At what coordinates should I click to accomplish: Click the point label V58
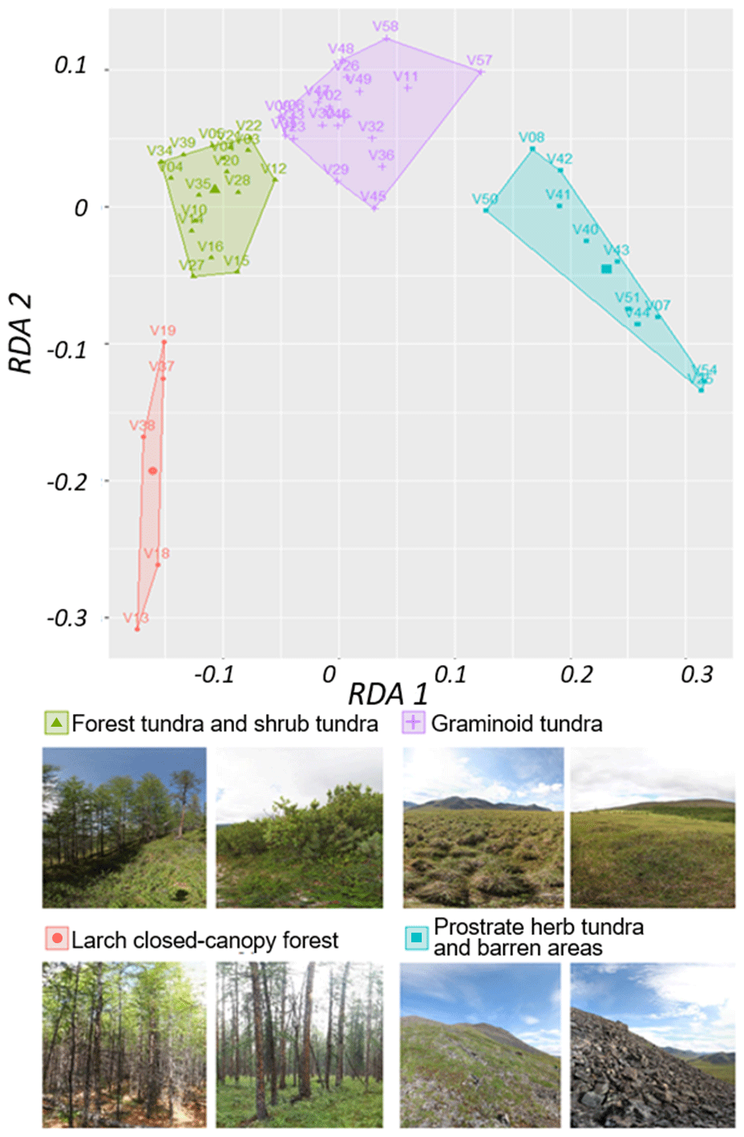click(385, 26)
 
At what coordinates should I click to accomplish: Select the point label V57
click(479, 60)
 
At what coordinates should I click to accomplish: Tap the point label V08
click(532, 137)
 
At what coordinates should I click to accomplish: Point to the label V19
click(163, 330)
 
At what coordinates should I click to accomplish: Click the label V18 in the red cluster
click(157, 553)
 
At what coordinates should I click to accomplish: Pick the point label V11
click(406, 77)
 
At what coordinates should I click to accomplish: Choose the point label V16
click(211, 246)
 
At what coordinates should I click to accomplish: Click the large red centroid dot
click(152, 471)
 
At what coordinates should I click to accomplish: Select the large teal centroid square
click(606, 269)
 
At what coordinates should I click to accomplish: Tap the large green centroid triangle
click(215, 189)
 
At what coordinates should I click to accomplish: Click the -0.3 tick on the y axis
click(67, 618)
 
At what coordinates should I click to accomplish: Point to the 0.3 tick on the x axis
click(696, 675)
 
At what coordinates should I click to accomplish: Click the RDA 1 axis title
click(387, 694)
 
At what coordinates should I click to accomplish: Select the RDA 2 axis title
click(21, 333)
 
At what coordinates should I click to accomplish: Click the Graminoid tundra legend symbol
click(413, 723)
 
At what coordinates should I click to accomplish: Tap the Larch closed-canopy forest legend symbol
click(57, 938)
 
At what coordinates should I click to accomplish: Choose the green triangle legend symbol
click(56, 723)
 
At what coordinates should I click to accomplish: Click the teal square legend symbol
click(416, 937)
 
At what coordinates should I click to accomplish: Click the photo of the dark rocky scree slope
click(653, 1045)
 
